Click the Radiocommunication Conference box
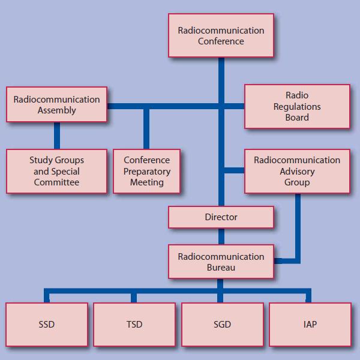coord(221,36)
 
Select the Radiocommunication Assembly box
coord(57,105)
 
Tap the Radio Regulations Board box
coord(297,106)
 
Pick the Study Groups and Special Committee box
coord(57,171)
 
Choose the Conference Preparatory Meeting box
coord(146,171)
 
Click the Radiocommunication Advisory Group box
coord(297,171)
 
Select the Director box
coord(221,217)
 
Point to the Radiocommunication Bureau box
coord(221,262)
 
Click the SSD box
coord(46,325)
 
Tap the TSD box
coord(134,325)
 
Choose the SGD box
coord(222,325)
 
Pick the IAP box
coord(310,325)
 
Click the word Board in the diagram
coord(297,118)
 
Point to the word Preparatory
coord(146,171)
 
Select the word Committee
coord(57,182)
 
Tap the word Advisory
coord(297,171)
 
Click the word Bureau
coord(221,268)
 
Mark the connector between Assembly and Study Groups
coord(57,136)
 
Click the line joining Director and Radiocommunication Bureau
coord(221,236)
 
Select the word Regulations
coord(297,106)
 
